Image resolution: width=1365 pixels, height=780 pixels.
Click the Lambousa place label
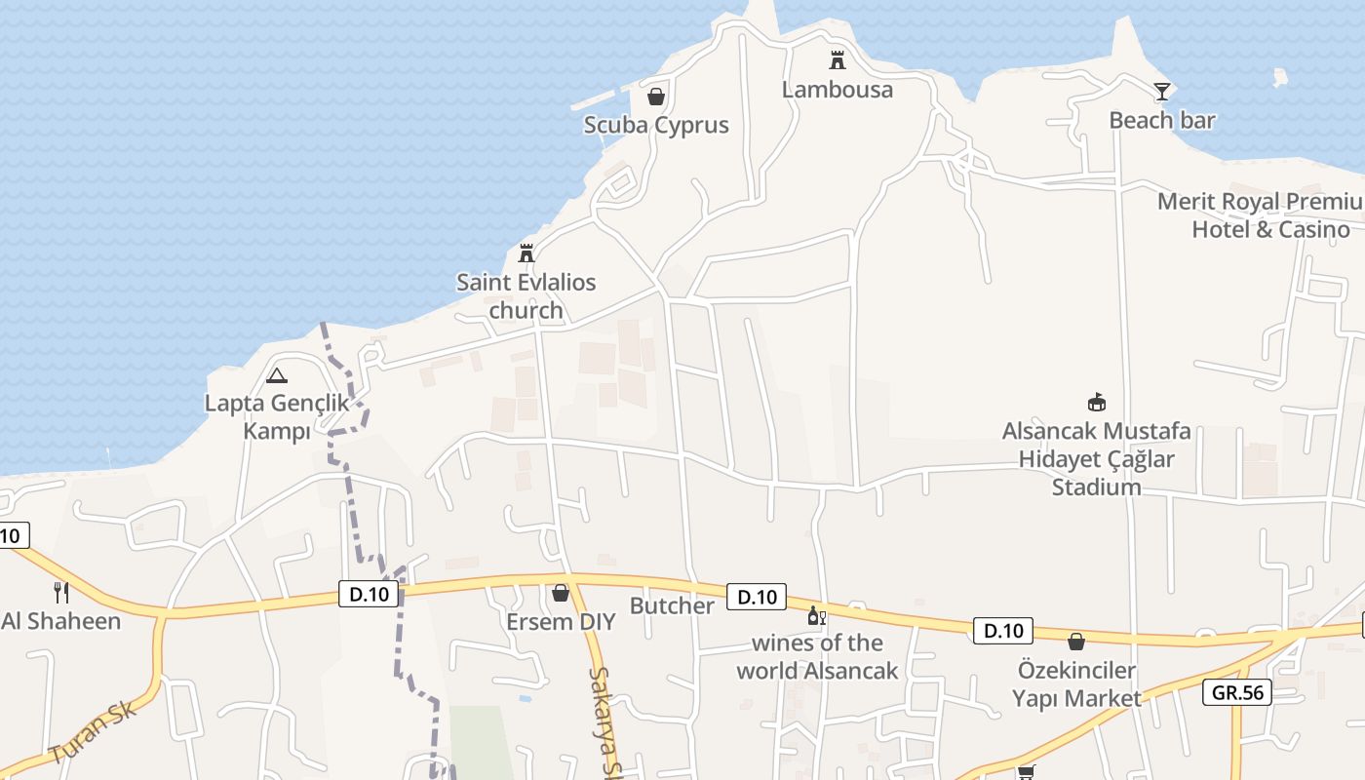tap(837, 90)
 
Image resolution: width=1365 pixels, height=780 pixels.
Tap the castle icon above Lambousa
tap(837, 60)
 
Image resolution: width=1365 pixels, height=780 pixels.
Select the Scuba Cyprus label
tap(656, 126)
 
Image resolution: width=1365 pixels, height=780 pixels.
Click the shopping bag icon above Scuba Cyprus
tap(656, 97)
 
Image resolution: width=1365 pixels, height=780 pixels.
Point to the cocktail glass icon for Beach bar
tap(1161, 92)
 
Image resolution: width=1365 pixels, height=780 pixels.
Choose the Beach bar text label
tap(1162, 121)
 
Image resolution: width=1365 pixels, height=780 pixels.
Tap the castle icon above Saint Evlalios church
tap(526, 253)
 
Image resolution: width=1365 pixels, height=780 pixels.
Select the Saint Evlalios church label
tap(526, 296)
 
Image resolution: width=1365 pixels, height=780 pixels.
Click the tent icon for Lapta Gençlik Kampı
tap(277, 375)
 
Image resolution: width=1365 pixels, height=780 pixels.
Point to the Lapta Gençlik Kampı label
tap(276, 416)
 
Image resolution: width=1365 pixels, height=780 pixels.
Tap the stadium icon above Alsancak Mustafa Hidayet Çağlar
tap(1097, 402)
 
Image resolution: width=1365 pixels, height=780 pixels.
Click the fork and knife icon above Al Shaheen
tap(60, 592)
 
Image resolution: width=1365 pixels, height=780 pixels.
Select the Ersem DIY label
tap(561, 621)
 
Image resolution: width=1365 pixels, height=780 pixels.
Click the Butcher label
tap(672, 605)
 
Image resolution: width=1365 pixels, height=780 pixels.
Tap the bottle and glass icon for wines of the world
tap(816, 616)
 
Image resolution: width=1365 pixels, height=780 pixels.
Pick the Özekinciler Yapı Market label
tap(1076, 684)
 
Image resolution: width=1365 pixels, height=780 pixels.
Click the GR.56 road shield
tap(1237, 692)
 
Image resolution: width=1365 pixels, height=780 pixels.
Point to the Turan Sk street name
tap(93, 732)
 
